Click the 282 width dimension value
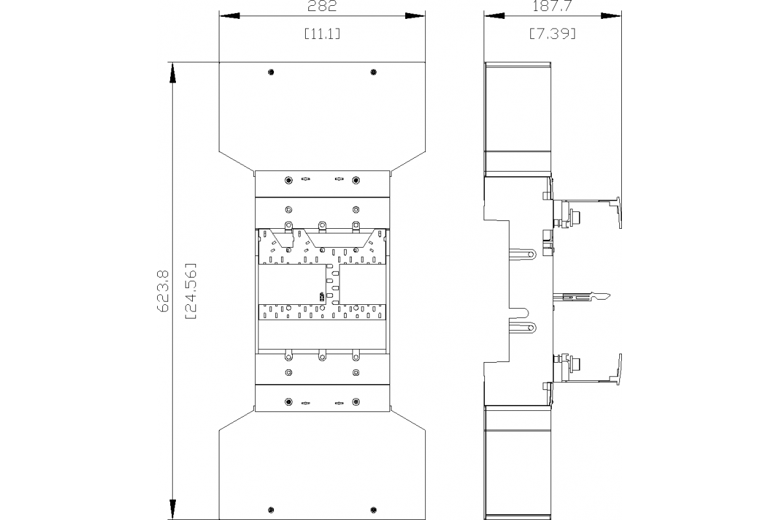click(321, 8)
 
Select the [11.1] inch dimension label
click(321, 34)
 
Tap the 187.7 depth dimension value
click(553, 8)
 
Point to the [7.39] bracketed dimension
click(553, 34)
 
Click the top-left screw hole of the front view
click(271, 71)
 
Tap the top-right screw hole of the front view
click(373, 71)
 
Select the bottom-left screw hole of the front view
click(271, 509)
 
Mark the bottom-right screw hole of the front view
click(373, 509)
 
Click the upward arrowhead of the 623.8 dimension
click(173, 71)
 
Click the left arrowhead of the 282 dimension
click(227, 16)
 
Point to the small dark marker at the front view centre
click(321, 296)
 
